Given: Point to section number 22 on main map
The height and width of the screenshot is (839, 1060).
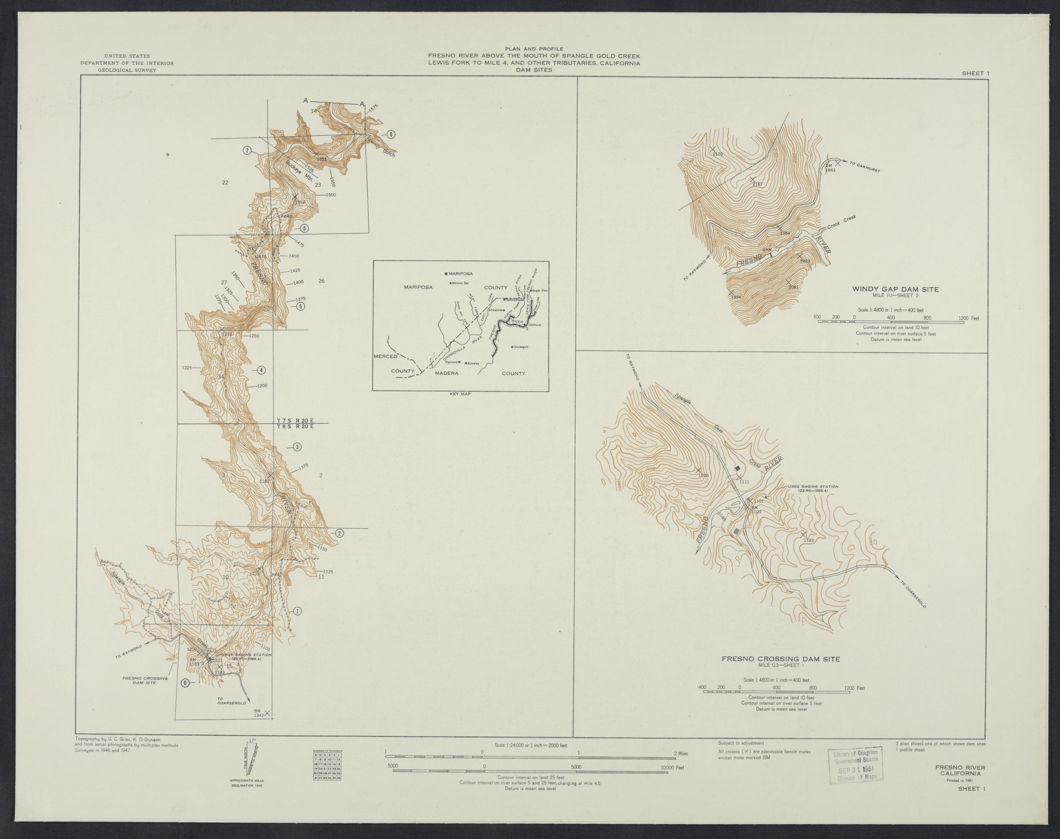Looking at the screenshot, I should [x=225, y=183].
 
